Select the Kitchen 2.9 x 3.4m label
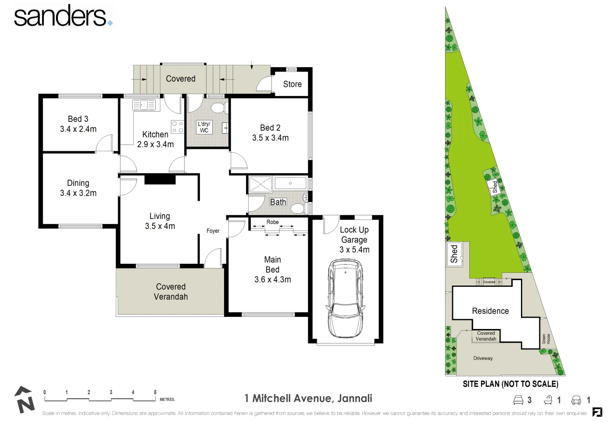155,139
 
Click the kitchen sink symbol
144,105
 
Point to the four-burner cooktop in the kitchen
178,126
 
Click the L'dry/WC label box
204,127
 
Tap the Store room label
292,84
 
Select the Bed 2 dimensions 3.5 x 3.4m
270,138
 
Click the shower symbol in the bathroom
260,184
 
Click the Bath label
278,202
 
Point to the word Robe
273,222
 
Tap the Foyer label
213,231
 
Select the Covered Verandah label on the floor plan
171,291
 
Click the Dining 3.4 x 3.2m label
78,188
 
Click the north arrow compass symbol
24,400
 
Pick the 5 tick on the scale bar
155,392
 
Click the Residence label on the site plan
490,311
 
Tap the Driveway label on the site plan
483,358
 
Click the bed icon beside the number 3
518,400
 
